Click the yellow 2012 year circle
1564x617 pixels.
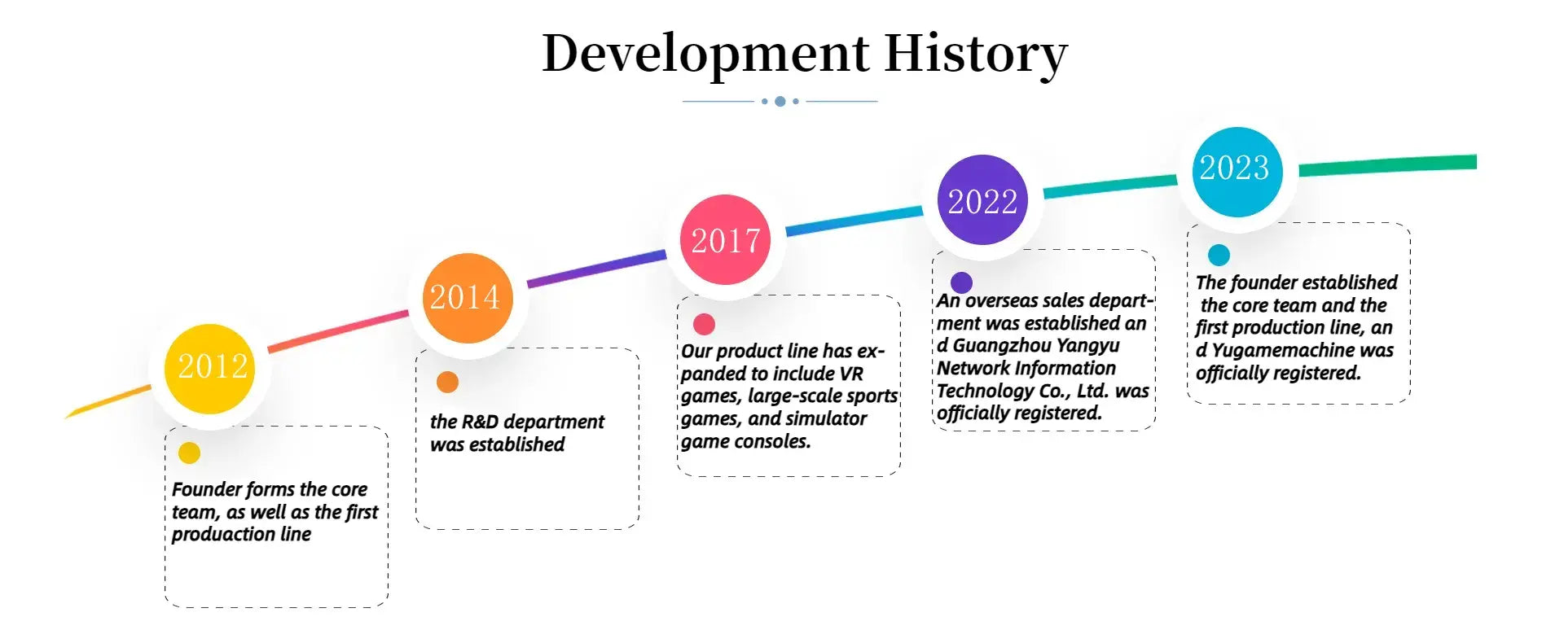(209, 369)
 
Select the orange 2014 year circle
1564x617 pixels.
(468, 298)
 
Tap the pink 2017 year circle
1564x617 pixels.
(725, 239)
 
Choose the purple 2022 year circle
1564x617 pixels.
(982, 199)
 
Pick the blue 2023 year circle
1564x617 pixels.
(1237, 172)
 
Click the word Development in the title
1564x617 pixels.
(705, 55)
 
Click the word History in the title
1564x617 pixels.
(976, 55)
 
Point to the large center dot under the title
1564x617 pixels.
(780, 101)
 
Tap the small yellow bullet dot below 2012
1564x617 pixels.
(189, 453)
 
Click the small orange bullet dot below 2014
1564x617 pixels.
(447, 382)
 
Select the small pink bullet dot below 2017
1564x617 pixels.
(704, 324)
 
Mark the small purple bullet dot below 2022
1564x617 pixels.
(961, 282)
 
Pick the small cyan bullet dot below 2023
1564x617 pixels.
(1219, 255)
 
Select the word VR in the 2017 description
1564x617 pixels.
(851, 374)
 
